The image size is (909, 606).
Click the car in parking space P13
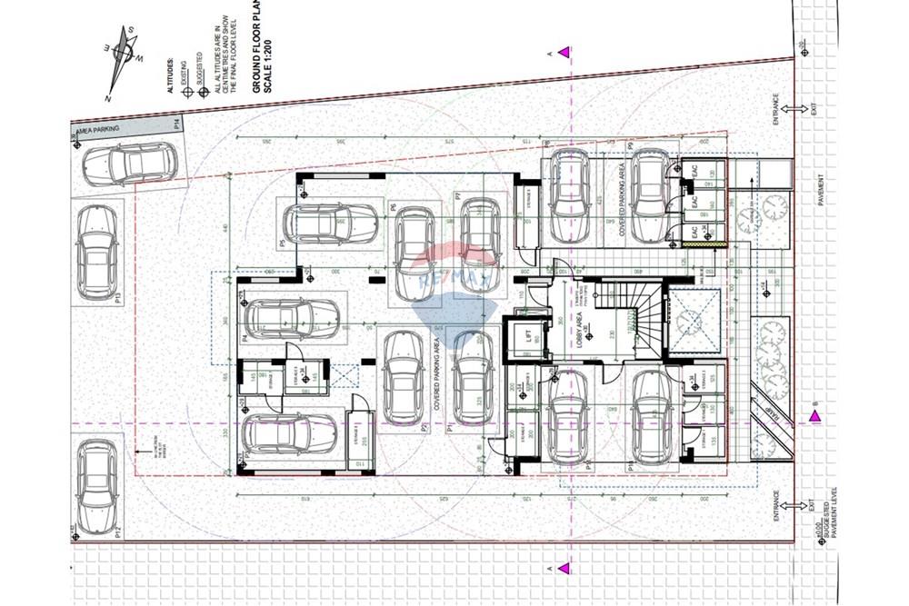[96, 253]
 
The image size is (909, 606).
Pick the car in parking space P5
[328, 224]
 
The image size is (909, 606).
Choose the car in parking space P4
[292, 318]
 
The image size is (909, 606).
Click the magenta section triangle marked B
[814, 415]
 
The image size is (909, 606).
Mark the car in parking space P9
[651, 196]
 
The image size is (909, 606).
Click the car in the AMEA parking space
[127, 164]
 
